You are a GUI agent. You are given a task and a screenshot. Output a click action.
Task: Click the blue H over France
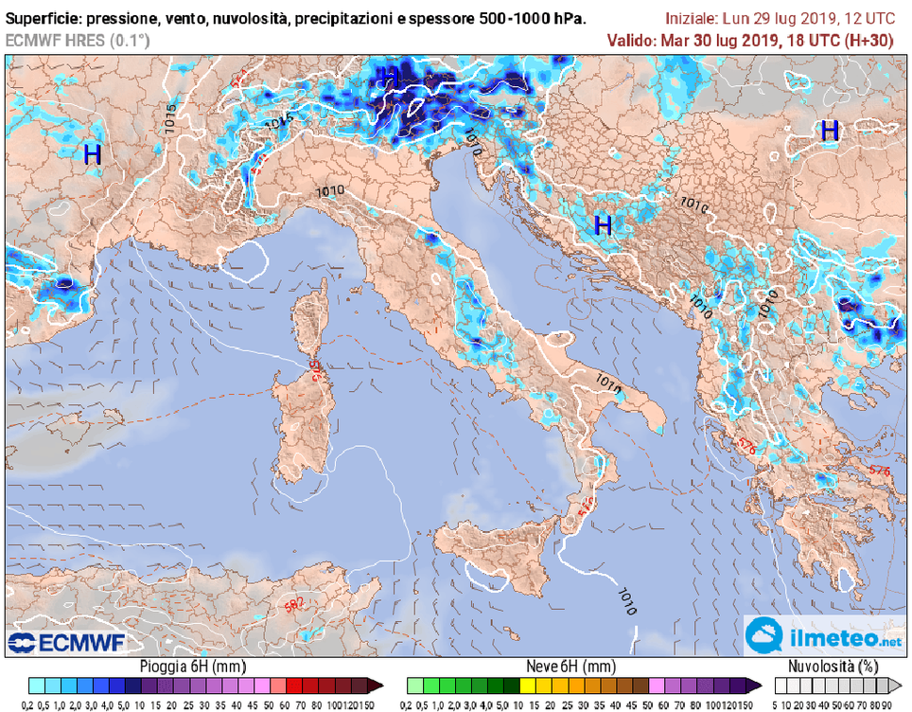pos(93,154)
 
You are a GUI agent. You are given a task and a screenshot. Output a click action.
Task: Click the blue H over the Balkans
pos(603,225)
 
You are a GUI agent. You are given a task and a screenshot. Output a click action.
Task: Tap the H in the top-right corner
pos(830,131)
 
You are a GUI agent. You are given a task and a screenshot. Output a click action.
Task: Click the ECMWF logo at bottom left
pos(66,643)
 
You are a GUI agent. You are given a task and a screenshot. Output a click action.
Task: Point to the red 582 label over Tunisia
pos(295,605)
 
